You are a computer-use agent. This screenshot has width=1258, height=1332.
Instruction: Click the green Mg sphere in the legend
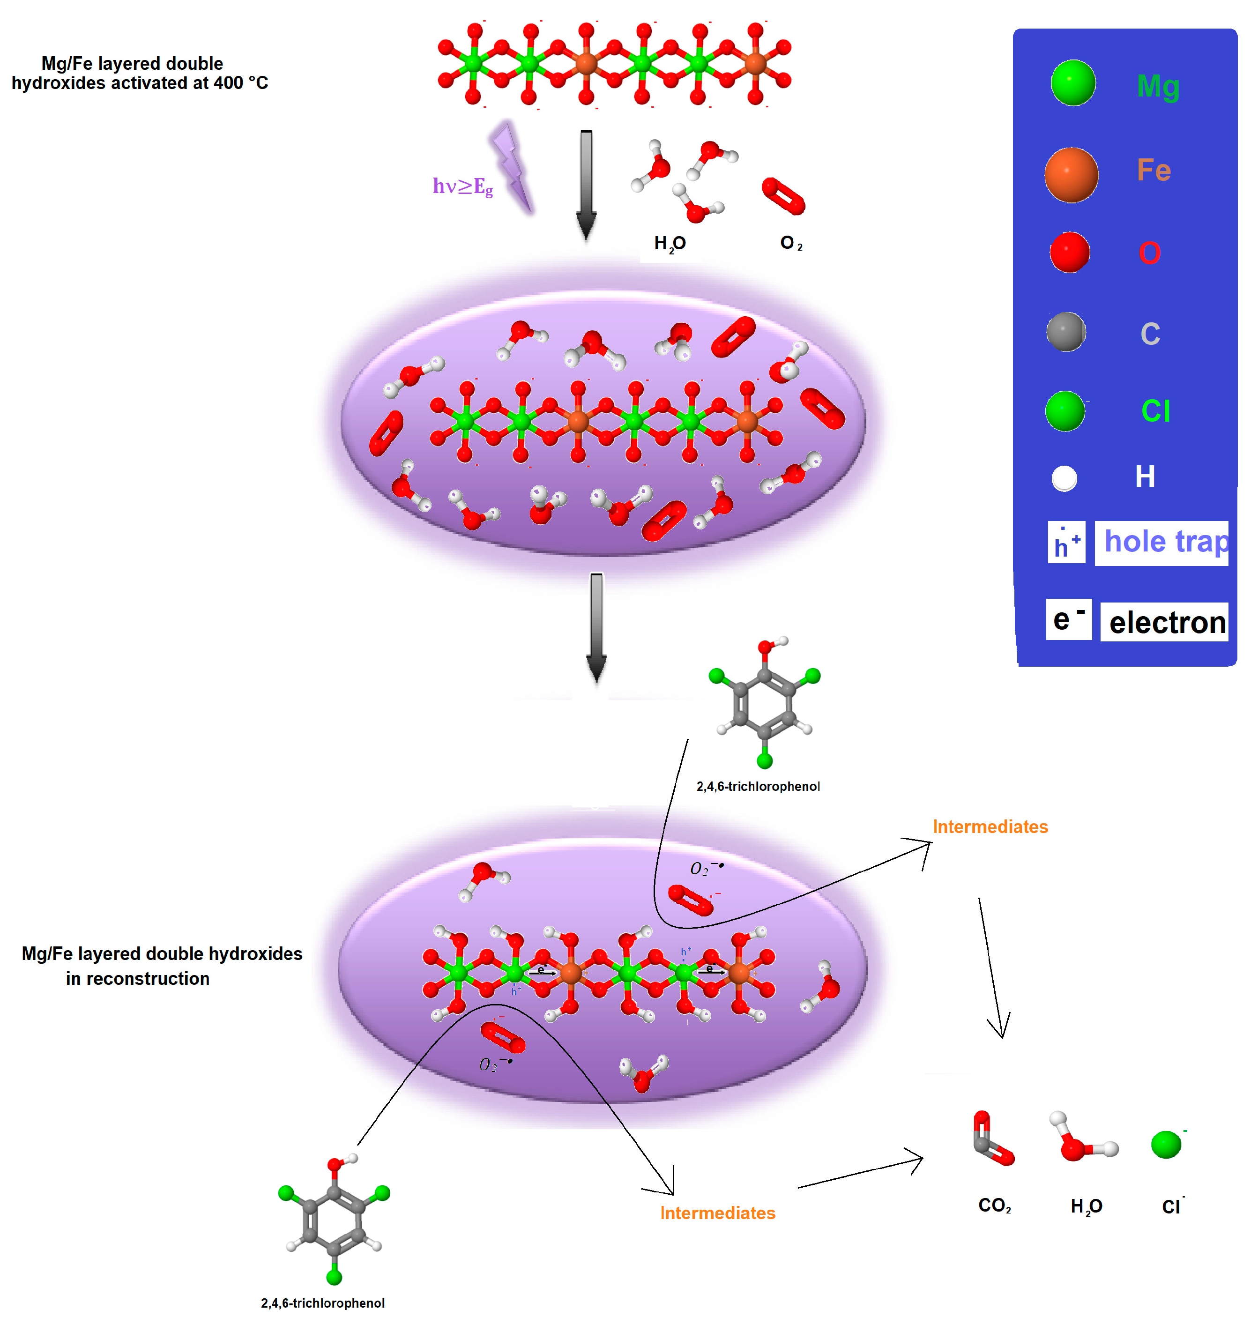tap(1073, 83)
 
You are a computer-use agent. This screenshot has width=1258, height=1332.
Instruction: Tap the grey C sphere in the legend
tap(1065, 332)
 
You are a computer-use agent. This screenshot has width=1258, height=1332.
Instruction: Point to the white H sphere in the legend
tap(1064, 479)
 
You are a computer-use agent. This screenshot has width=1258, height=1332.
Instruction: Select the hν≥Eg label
tap(463, 186)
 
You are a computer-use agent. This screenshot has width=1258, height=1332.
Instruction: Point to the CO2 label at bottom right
tap(994, 1205)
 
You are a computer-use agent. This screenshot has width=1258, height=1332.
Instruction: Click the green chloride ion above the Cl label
tap(1165, 1144)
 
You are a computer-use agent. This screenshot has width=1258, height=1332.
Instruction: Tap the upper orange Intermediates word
tap(990, 827)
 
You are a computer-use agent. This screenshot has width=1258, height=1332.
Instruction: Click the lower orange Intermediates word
tap(717, 1213)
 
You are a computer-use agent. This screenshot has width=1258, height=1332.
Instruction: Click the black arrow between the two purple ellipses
tap(596, 627)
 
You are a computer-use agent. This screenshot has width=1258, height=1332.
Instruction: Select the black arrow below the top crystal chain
tap(586, 185)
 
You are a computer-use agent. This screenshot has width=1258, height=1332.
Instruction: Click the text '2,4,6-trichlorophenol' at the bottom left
tap(322, 1303)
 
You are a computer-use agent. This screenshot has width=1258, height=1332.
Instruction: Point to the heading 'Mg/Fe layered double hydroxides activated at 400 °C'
tap(140, 73)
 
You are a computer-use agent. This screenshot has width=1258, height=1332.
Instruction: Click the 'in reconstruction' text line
tap(137, 979)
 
